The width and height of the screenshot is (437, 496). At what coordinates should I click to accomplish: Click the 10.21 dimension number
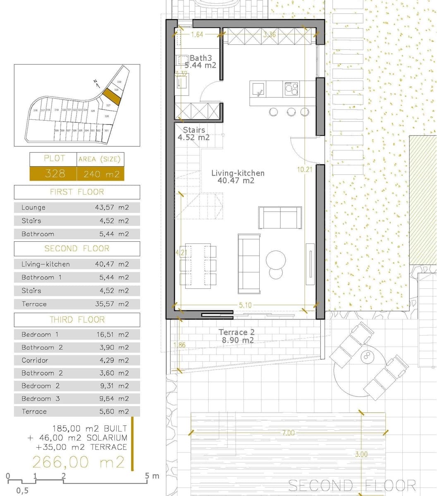[x=304, y=169]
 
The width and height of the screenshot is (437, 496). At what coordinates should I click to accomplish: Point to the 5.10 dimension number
[x=245, y=305]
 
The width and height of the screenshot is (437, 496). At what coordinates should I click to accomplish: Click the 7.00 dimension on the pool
[x=288, y=433]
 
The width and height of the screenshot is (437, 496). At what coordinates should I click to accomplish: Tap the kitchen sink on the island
[x=259, y=88]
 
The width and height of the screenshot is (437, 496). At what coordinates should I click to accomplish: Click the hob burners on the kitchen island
[x=291, y=88]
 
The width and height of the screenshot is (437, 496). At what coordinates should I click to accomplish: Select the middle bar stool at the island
[x=291, y=112]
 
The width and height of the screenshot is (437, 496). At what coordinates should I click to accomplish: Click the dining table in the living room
[x=198, y=265]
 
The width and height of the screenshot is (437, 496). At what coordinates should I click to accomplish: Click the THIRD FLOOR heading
[x=77, y=320]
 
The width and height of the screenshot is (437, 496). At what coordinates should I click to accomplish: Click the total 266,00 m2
[x=79, y=461]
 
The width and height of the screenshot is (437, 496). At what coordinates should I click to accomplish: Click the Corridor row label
[x=35, y=360]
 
